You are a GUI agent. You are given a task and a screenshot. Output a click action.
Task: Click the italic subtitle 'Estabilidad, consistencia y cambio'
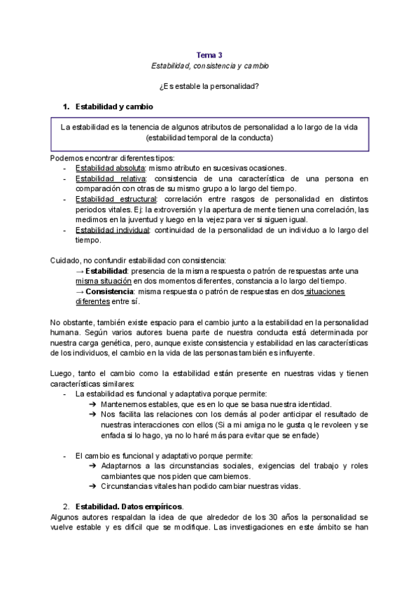tap(209, 65)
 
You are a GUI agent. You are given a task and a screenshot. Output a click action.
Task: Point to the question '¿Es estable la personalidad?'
tap(209, 86)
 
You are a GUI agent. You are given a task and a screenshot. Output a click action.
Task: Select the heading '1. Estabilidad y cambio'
tap(109, 106)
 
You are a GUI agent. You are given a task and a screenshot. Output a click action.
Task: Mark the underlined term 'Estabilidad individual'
tap(113, 230)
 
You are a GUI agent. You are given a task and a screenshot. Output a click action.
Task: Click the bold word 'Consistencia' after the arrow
tap(111, 291)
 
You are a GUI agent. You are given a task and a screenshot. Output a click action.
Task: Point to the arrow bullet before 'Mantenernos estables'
tap(93, 405)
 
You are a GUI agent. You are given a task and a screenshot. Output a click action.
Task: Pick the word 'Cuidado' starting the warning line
tap(65, 261)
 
